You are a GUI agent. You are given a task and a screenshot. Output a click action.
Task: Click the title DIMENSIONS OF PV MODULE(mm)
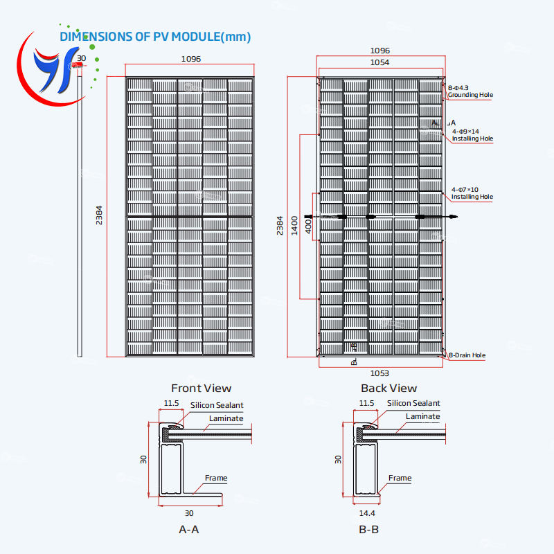155,37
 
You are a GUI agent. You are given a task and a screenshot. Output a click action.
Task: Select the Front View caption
201,388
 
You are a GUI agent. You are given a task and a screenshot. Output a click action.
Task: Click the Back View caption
389,388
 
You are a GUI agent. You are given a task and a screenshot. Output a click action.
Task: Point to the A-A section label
188,529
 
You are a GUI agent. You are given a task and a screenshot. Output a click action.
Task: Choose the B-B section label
368,529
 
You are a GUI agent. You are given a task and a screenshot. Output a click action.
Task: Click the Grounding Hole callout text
472,95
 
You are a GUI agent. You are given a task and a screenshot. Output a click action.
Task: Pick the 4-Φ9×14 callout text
466,131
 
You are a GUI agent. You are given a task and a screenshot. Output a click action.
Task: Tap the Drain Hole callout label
467,355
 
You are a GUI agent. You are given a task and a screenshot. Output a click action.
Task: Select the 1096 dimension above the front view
191,59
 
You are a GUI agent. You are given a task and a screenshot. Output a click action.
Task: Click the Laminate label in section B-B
422,416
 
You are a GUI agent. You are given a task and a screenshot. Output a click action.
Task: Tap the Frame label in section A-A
216,478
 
